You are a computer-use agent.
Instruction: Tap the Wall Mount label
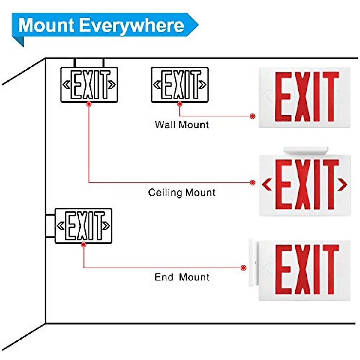(x=182, y=124)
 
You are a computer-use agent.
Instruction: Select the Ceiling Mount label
(x=182, y=192)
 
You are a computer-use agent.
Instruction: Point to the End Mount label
(x=182, y=277)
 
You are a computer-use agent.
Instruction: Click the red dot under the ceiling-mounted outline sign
(x=88, y=104)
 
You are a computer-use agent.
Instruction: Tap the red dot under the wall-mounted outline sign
(x=180, y=104)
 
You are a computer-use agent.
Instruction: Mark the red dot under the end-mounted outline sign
(x=84, y=245)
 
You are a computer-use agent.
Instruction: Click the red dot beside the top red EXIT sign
(x=253, y=116)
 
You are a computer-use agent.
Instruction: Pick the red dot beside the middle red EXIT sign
(x=253, y=182)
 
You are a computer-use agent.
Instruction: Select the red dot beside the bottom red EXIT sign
(x=244, y=268)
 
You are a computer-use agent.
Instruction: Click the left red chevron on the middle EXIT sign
(x=267, y=184)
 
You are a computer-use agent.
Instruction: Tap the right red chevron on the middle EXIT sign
(x=342, y=184)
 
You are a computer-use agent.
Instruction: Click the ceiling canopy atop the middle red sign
(x=306, y=151)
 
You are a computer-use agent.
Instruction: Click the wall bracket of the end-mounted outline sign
(x=50, y=226)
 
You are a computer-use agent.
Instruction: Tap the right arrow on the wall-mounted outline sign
(x=203, y=85)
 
